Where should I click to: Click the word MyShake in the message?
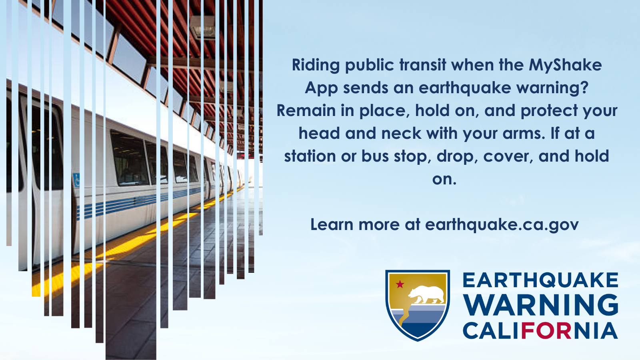point(565,66)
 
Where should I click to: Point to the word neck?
point(401,133)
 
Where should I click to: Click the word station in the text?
point(310,156)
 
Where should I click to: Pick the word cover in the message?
point(508,156)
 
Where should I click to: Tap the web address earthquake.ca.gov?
point(502,225)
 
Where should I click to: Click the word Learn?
point(332,224)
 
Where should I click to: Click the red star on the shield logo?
point(400,284)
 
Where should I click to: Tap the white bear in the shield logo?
point(426,294)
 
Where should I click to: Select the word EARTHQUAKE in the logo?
point(540,280)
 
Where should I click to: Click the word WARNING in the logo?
point(540,305)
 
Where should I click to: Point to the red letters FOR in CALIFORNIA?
point(546,330)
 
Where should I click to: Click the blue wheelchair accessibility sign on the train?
point(76,180)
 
